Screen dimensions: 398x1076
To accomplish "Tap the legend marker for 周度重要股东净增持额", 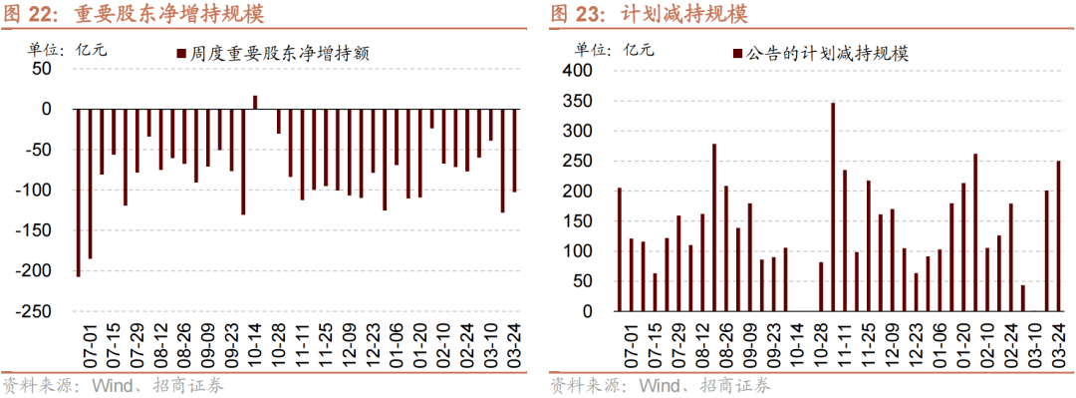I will (x=180, y=55).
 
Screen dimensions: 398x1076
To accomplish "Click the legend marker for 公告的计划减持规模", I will (x=737, y=54).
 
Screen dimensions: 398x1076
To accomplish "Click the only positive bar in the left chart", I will (x=255, y=102).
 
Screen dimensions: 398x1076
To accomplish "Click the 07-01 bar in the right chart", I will (x=619, y=249).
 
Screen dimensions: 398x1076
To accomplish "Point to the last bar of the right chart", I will (x=1058, y=236).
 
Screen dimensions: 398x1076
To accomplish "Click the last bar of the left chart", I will (x=515, y=150).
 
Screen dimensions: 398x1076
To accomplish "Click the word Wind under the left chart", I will (x=114, y=386).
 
